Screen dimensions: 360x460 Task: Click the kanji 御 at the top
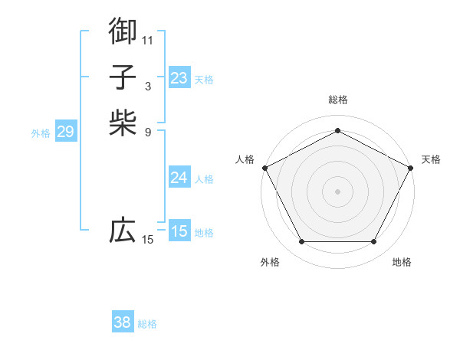tap(123, 31)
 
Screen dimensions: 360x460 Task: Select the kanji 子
tap(123, 77)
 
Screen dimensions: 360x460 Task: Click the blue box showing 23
tap(179, 77)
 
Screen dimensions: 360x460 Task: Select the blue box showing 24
tap(179, 178)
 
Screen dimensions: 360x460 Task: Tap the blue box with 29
tap(65, 132)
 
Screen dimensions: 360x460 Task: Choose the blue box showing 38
tap(123, 322)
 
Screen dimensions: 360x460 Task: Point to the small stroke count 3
tap(148, 86)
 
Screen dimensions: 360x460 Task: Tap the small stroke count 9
tap(148, 132)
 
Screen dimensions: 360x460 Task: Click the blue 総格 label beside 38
tap(147, 324)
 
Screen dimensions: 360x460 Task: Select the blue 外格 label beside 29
tap(41, 133)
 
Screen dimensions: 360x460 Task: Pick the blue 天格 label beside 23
tap(204, 79)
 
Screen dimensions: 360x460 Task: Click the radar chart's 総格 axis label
tap(337, 100)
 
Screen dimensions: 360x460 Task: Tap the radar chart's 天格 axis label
tap(431, 159)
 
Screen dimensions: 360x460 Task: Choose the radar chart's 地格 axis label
tap(402, 262)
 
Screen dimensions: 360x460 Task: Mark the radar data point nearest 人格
tap(264, 167)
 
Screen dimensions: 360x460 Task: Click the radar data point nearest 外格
tap(301, 242)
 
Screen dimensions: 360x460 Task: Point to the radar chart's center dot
tap(337, 191)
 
